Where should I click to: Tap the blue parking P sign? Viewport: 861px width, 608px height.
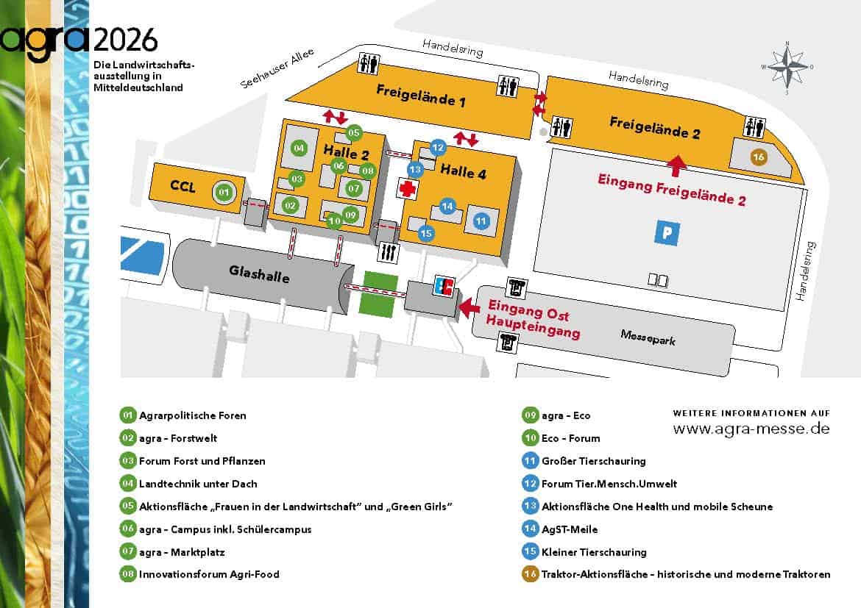667,233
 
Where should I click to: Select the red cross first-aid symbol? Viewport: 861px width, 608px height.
407,188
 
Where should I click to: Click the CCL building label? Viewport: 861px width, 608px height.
183,187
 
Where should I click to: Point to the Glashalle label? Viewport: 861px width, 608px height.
259,274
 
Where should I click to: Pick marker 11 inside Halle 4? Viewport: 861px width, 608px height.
481,221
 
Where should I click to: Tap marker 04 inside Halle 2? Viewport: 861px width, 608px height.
299,148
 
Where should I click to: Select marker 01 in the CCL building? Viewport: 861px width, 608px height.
225,193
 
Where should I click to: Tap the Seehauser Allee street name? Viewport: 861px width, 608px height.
277,69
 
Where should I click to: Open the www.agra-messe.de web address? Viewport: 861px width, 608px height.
751,429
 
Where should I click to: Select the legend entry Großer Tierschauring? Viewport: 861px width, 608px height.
593,461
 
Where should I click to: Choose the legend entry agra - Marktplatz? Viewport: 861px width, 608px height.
182,552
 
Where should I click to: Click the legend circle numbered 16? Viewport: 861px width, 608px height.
529,574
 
